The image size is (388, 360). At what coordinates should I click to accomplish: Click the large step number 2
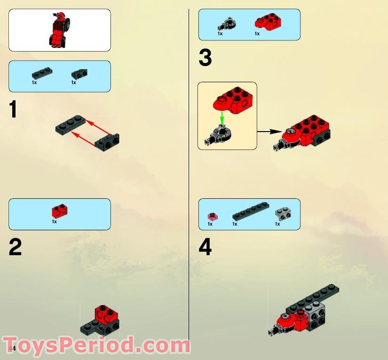(x=15, y=248)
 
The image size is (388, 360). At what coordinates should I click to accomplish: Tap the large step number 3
(x=205, y=59)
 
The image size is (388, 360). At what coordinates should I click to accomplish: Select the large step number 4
(x=205, y=248)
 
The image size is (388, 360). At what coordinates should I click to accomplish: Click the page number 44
(x=12, y=348)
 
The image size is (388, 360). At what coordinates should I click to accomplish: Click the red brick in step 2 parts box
(x=60, y=211)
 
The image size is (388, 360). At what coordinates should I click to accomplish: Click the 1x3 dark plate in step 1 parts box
(x=41, y=73)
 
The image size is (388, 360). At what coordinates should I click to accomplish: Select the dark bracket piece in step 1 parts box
(x=79, y=74)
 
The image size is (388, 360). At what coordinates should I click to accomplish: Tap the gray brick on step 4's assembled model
(x=315, y=315)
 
